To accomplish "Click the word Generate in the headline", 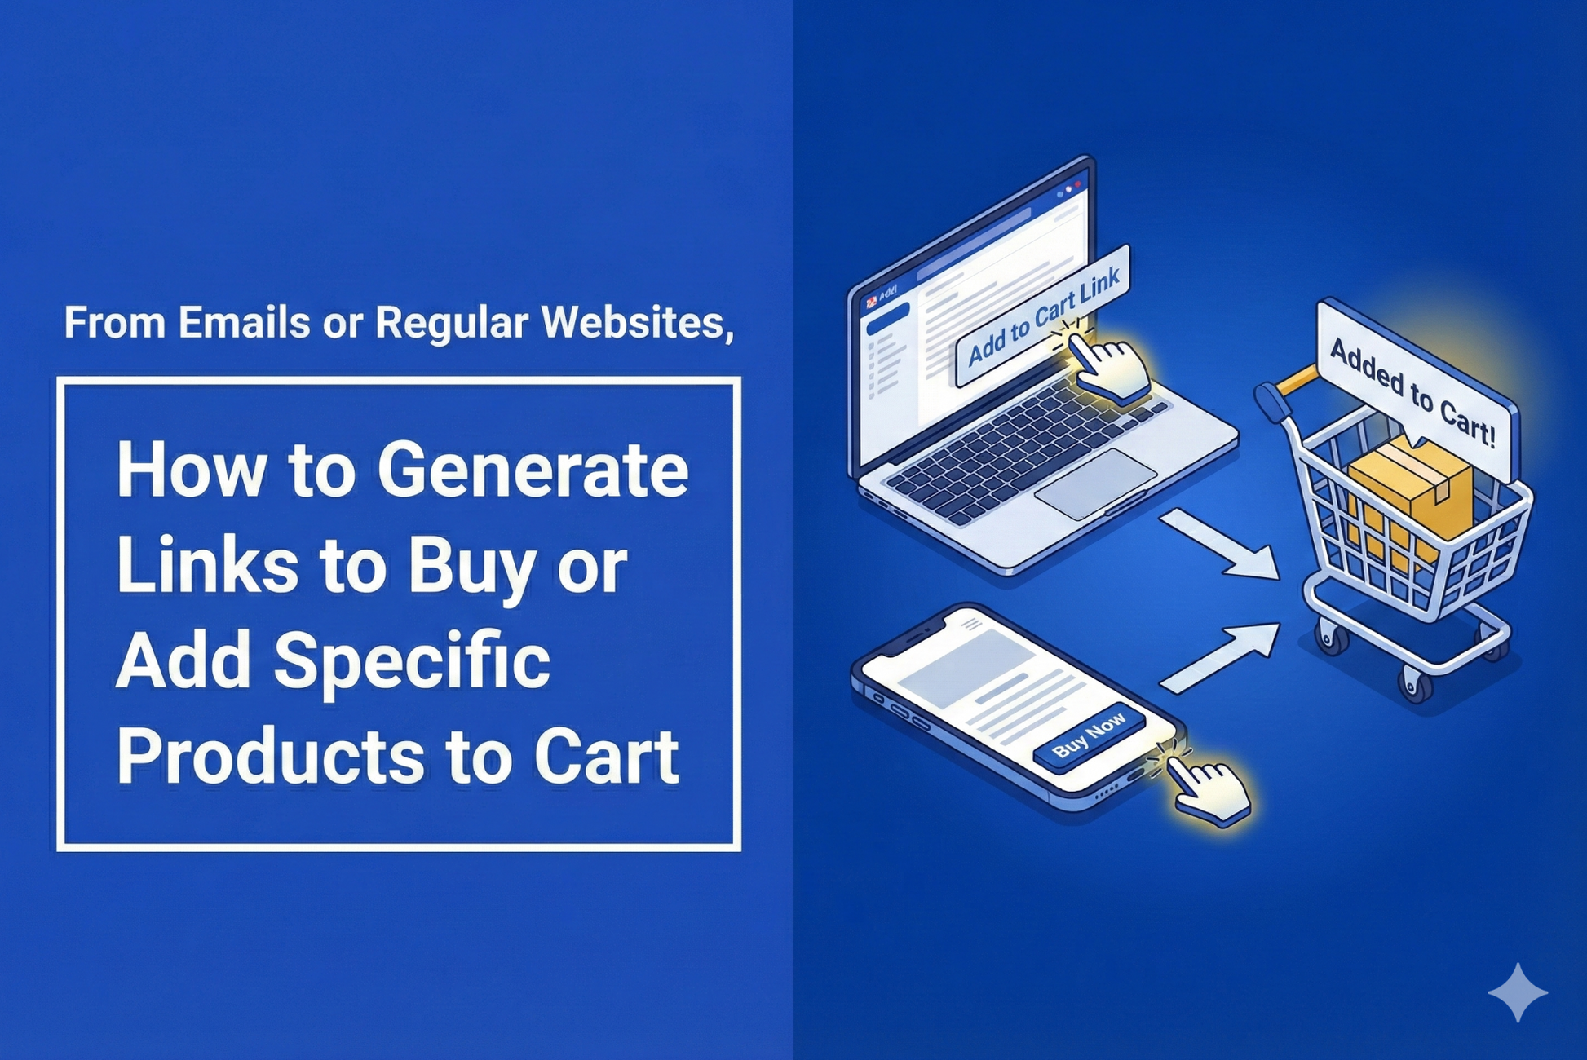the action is pos(533,472).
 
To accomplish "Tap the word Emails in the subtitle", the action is pos(244,322).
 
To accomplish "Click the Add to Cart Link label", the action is pos(1043,316).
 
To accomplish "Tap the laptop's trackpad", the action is pos(1096,484).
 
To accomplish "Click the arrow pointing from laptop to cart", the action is pos(1220,544).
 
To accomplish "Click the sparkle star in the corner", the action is pos(1517,992).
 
